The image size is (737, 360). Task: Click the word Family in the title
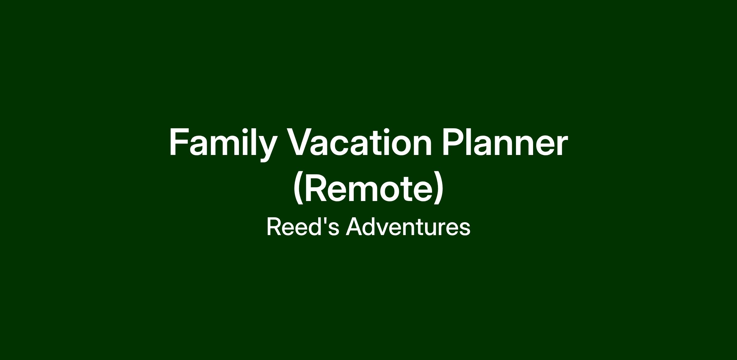click(x=223, y=144)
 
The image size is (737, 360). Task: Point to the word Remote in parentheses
click(x=368, y=188)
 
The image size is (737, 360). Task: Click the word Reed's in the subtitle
click(x=303, y=226)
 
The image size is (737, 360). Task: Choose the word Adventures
click(x=408, y=226)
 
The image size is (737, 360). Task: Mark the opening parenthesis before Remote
click(x=298, y=188)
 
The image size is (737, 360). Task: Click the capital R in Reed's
click(x=274, y=226)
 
